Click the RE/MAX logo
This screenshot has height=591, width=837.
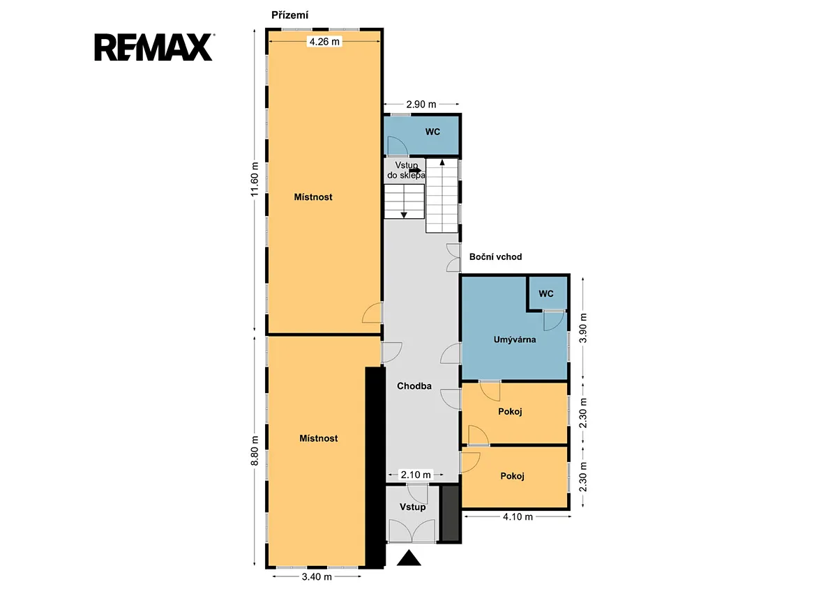153,47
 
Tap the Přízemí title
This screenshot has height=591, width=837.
289,15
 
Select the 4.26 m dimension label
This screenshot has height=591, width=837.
324,41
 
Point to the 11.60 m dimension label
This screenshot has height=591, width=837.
255,179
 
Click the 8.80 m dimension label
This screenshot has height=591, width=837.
255,451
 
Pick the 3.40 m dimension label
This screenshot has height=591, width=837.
317,577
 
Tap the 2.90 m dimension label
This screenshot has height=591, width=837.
421,105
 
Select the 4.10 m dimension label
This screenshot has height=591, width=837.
518,516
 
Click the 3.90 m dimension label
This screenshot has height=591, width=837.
582,328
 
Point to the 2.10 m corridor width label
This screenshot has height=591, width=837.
416,475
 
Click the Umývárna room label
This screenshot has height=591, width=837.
515,339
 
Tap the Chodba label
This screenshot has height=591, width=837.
414,386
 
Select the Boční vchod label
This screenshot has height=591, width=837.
495,257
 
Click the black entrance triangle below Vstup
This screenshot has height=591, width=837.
409,558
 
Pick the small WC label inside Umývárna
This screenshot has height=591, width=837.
546,294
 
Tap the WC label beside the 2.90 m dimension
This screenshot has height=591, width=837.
432,132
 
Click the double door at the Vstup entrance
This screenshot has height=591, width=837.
412,530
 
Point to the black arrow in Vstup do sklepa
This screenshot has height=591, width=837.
415,171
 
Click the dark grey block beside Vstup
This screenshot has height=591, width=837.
451,513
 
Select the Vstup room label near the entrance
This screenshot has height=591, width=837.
412,507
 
